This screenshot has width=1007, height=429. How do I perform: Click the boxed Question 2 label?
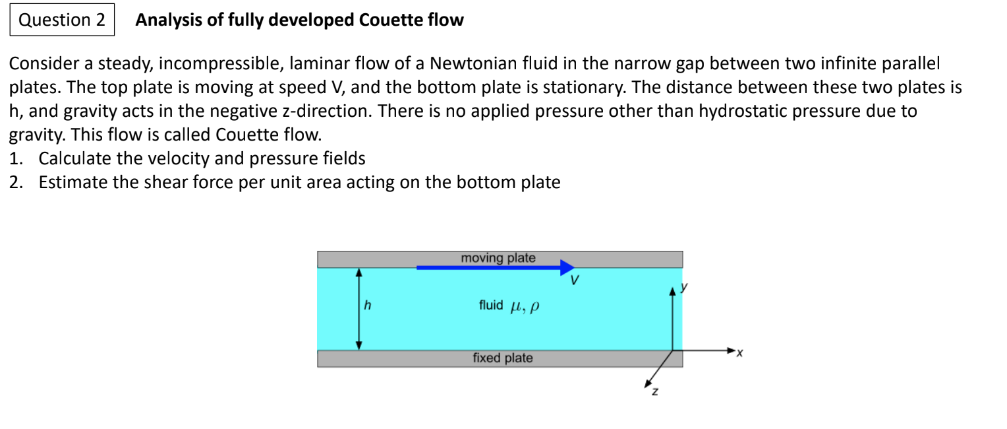[x=62, y=20]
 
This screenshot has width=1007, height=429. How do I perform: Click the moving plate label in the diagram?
[x=498, y=258]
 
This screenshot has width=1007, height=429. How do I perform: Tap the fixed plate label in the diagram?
[x=502, y=358]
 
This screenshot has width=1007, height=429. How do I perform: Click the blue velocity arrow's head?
[x=567, y=267]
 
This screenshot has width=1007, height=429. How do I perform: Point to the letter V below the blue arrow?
[x=575, y=280]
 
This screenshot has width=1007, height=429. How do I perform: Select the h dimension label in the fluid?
[x=368, y=306]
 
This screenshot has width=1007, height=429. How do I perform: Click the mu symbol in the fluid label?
[x=516, y=306]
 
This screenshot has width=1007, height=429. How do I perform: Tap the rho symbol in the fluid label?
[x=534, y=306]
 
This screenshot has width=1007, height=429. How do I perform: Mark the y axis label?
[x=684, y=288]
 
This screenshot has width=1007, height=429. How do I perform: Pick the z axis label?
[x=654, y=393]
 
